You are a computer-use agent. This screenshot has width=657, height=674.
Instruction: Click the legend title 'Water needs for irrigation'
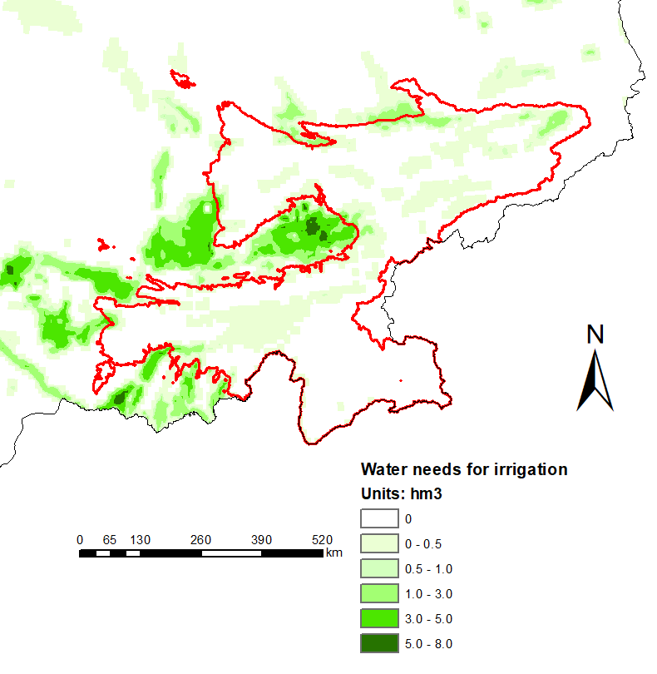[463, 469]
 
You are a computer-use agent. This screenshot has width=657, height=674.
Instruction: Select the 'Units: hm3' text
[400, 493]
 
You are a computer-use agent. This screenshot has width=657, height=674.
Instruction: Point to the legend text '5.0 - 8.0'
[427, 643]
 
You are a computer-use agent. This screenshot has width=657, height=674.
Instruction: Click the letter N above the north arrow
[595, 335]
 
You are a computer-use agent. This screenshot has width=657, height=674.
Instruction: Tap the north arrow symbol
[595, 380]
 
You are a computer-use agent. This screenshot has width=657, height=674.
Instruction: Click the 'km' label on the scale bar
[334, 553]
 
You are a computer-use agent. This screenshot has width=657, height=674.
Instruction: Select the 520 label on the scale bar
[322, 539]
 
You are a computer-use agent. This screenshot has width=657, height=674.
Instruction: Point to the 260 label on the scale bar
[200, 539]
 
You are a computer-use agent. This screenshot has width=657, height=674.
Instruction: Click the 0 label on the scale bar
[80, 539]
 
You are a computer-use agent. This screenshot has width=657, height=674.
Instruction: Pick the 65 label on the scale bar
[110, 539]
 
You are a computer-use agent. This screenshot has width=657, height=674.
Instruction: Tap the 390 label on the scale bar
[261, 539]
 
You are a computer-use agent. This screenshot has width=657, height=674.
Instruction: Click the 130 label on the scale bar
[140, 539]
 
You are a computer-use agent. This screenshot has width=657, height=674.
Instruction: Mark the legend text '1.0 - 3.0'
[427, 593]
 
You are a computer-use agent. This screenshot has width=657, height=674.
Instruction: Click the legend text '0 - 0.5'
[422, 543]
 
